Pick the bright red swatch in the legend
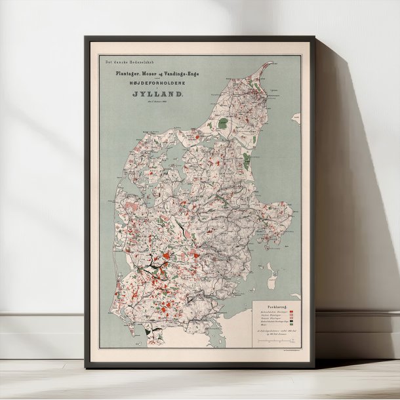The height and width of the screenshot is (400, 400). point(292,311)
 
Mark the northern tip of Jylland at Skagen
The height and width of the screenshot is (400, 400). point(270,64)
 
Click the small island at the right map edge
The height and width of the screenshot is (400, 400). point(296,121)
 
